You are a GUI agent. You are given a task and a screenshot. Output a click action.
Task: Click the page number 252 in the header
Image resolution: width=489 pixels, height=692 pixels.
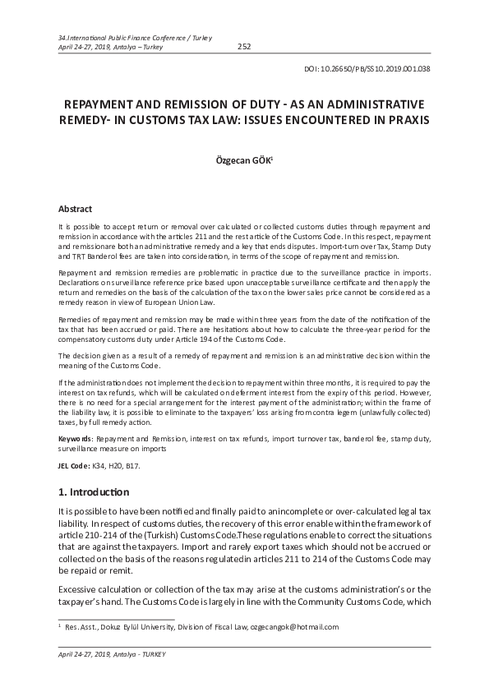tap(243, 47)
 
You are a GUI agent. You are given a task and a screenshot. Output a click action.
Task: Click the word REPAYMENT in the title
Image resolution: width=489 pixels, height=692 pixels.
tap(106, 104)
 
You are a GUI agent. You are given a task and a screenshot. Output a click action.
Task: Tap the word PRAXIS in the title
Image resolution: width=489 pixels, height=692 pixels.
tap(405, 120)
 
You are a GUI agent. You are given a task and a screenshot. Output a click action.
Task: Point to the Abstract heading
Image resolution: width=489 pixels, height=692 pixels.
tap(75, 210)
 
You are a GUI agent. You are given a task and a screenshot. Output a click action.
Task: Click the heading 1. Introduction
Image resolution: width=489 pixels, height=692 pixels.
tap(94, 492)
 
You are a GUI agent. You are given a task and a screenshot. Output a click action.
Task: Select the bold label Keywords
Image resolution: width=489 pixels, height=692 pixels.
tap(75, 440)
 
